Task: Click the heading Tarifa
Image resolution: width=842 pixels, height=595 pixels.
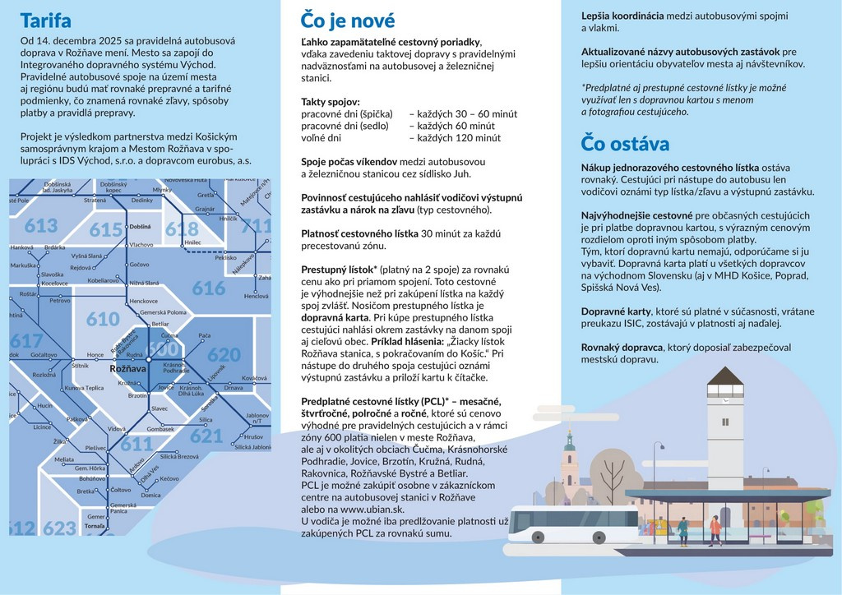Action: click(45, 21)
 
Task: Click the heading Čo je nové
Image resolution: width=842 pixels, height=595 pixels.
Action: click(348, 21)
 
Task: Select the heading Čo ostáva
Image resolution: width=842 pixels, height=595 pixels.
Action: click(625, 143)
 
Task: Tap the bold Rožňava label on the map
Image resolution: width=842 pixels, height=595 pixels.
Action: click(127, 369)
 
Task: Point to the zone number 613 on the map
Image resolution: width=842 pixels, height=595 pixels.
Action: click(41, 226)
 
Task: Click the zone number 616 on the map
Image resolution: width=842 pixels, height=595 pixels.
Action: click(209, 288)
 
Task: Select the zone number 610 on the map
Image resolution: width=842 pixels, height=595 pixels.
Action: click(103, 319)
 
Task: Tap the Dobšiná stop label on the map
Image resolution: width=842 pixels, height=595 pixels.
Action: click(140, 226)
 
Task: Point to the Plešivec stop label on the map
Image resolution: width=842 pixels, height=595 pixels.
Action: click(95, 447)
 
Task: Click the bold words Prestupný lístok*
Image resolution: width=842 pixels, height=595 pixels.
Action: click(340, 270)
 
